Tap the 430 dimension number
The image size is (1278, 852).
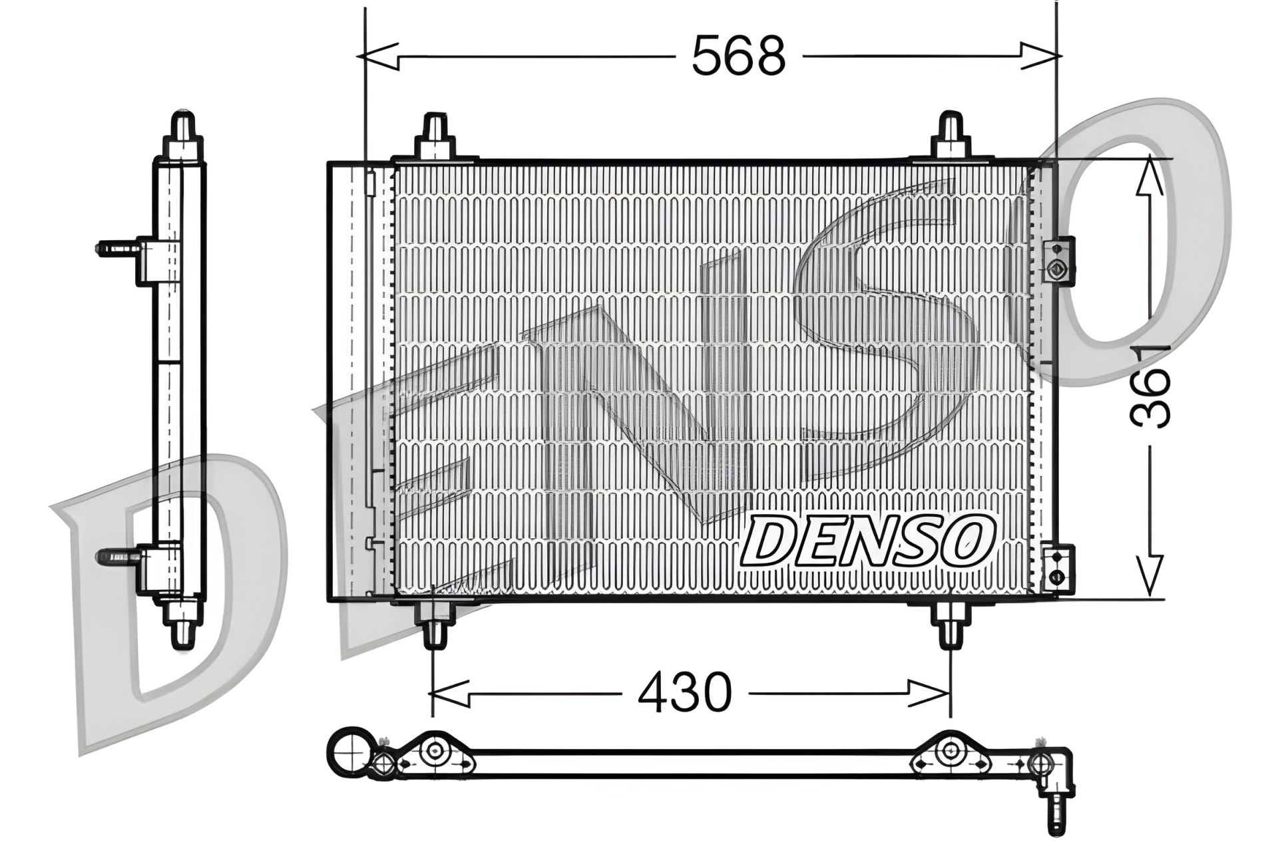(685, 694)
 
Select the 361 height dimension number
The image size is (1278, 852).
(1150, 385)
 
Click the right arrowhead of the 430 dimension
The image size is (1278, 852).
(931, 694)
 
